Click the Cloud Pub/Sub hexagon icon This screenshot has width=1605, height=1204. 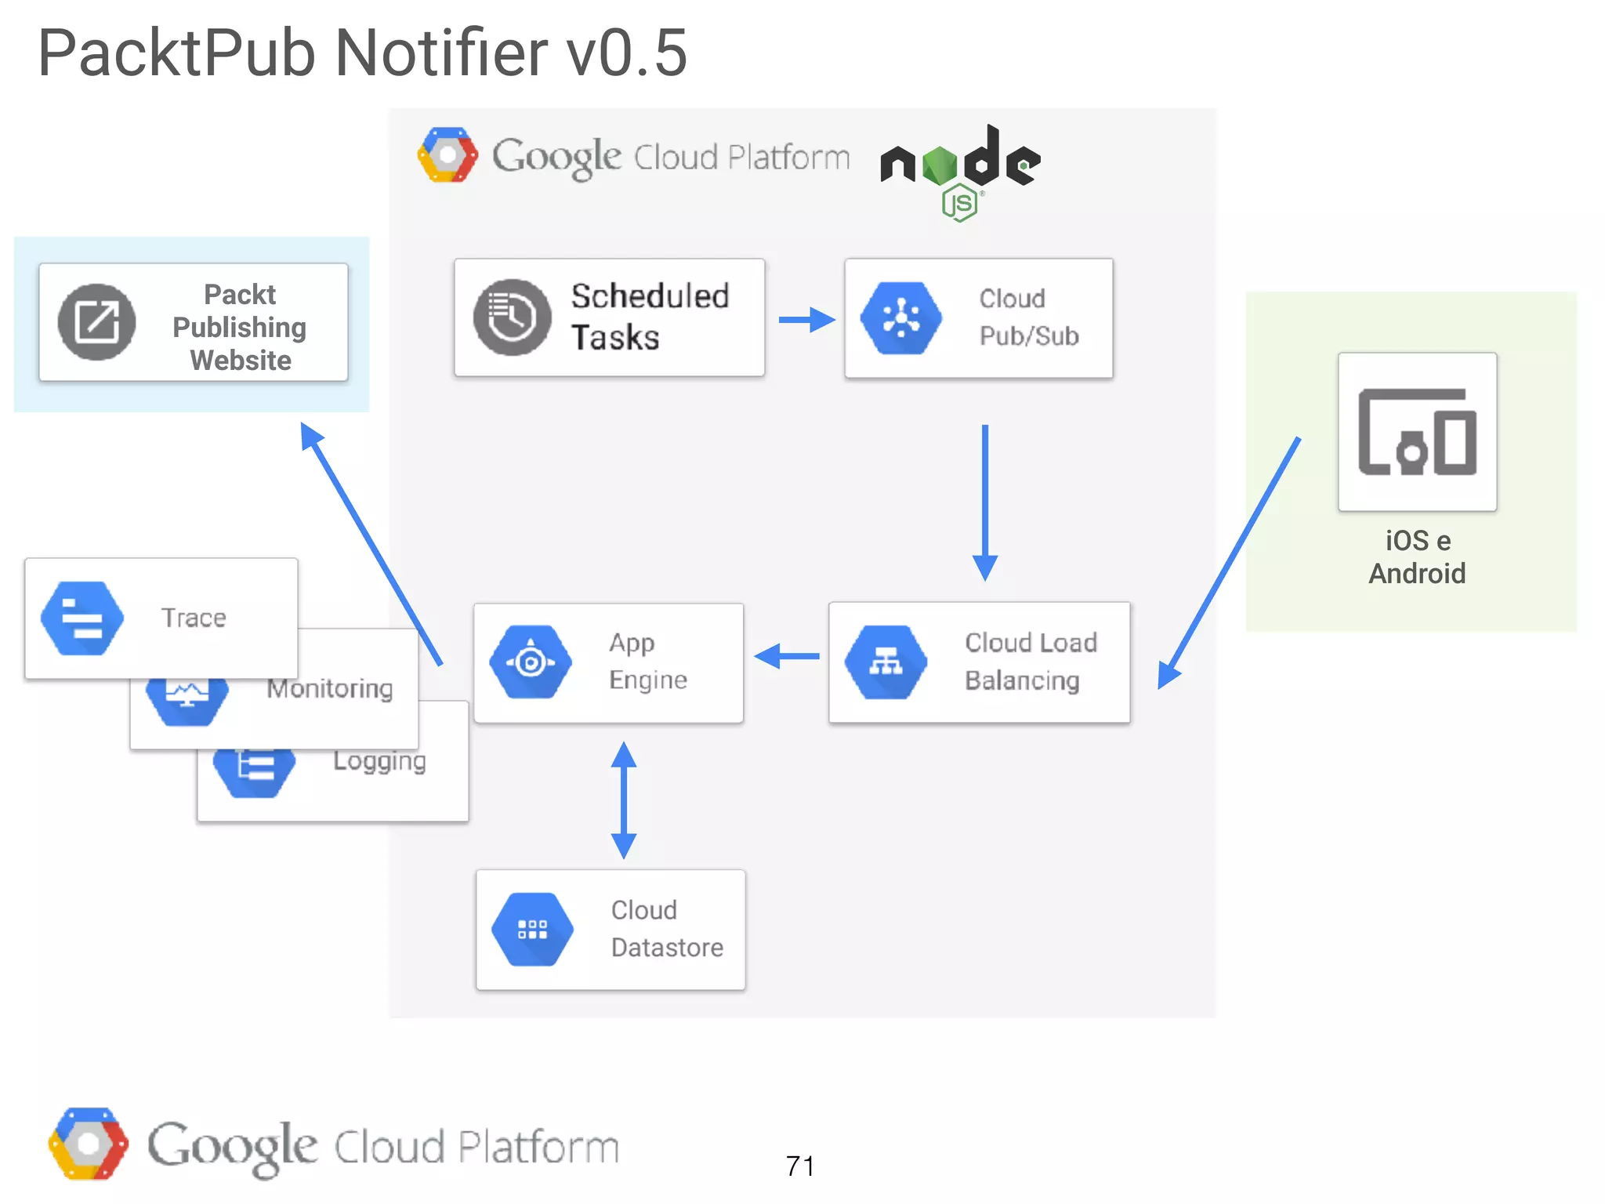click(901, 318)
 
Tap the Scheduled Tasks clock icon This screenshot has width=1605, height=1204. click(512, 317)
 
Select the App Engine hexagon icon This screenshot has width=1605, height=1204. click(531, 662)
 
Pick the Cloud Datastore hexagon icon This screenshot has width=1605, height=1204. click(532, 930)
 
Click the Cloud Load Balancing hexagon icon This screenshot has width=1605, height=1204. click(886, 662)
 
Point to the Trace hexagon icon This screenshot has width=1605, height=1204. click(82, 618)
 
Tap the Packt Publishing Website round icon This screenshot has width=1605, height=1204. click(97, 322)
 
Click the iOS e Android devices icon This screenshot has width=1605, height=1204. click(1417, 432)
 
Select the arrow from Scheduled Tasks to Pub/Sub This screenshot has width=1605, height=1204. click(806, 320)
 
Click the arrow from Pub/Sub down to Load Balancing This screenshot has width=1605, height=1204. click(985, 502)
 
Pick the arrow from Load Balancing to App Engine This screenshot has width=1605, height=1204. click(787, 656)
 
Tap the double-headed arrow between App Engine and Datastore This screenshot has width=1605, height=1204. click(624, 800)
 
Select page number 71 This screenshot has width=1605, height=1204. click(800, 1166)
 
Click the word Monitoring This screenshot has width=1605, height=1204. click(330, 689)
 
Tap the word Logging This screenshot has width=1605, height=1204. click(379, 761)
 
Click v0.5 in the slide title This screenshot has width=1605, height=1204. click(627, 53)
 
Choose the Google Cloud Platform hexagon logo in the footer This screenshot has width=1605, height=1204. click(88, 1144)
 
